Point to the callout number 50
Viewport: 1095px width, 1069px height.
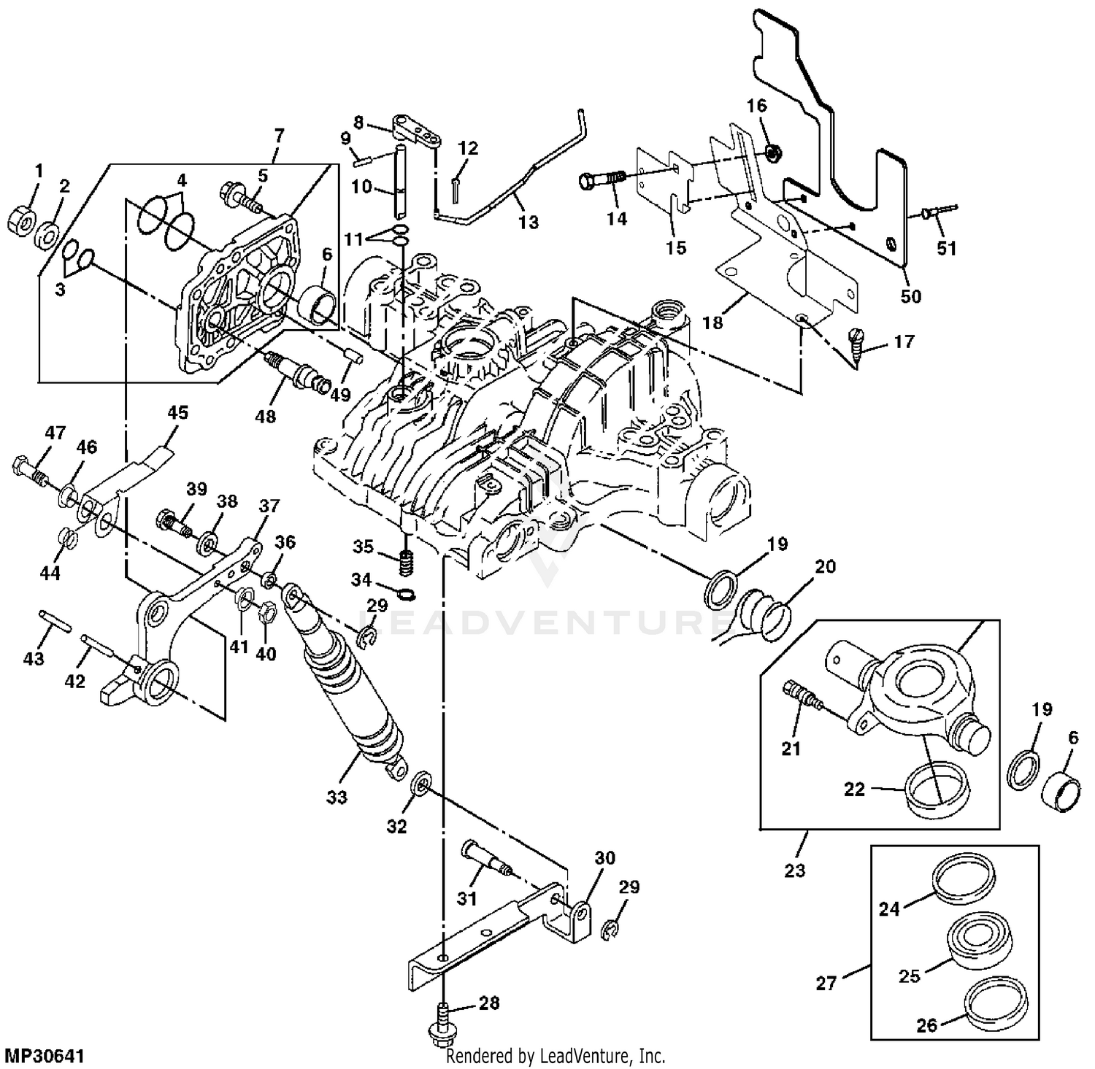tap(910, 296)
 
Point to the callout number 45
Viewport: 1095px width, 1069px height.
tap(177, 412)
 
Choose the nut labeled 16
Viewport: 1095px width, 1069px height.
tap(770, 152)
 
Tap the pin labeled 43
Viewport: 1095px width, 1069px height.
tap(55, 625)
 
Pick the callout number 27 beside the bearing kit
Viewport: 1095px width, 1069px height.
tap(826, 984)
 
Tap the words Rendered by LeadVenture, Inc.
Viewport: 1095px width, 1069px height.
tap(556, 1056)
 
